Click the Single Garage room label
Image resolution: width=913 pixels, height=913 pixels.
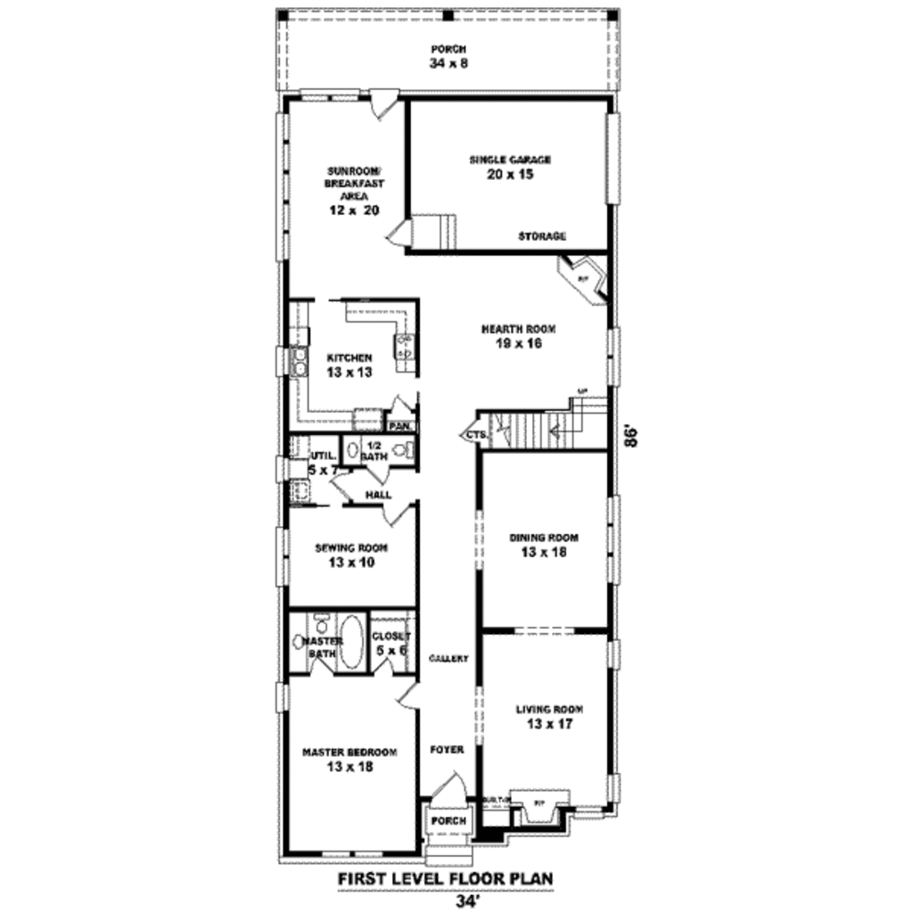[x=510, y=168]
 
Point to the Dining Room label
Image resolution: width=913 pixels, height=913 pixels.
[x=544, y=545]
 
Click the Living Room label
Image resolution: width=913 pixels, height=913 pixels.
[x=549, y=717]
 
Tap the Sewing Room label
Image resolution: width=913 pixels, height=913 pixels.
[x=351, y=555]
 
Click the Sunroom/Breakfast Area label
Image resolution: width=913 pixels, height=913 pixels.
[x=354, y=190]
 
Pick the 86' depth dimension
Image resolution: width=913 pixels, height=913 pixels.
[x=632, y=437]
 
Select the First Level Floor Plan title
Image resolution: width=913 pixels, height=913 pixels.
[x=445, y=879]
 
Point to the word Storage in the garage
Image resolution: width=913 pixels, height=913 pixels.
[x=543, y=236]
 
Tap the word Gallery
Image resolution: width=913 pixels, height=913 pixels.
[x=448, y=659]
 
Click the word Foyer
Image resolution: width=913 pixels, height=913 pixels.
[x=447, y=750]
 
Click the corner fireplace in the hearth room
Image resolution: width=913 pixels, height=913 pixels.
[x=583, y=279]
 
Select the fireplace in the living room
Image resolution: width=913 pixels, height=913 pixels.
[x=538, y=805]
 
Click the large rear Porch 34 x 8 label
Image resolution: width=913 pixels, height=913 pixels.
[x=448, y=56]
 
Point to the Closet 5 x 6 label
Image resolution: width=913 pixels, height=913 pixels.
[x=392, y=643]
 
